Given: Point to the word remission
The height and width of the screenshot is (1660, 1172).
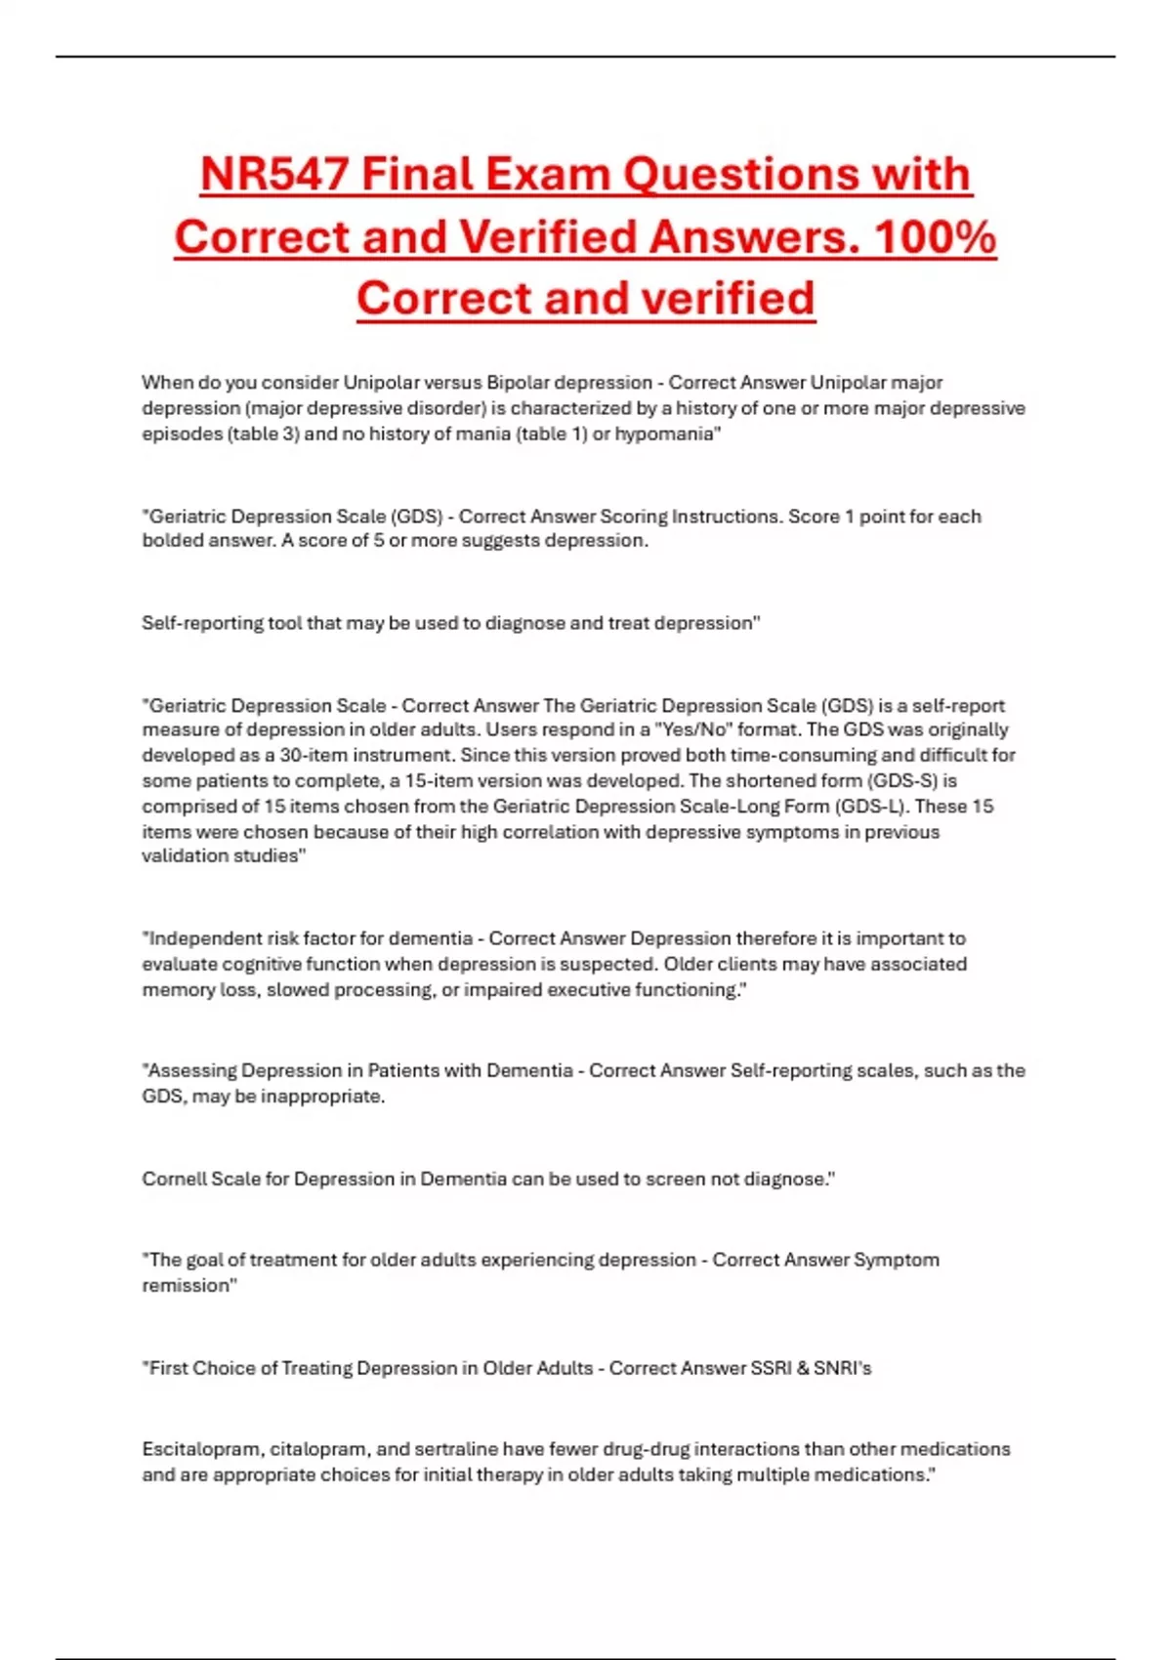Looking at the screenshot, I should coord(188,1286).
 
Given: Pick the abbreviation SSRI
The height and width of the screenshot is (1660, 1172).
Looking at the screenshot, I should coord(771,1369).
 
